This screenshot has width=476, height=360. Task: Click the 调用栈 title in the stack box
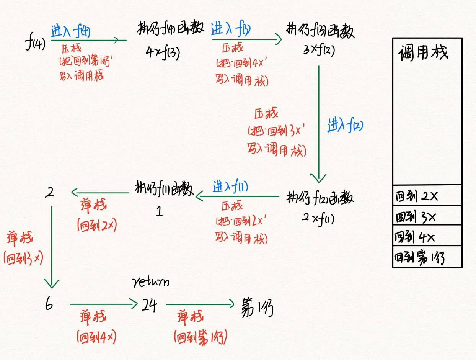tap(423, 52)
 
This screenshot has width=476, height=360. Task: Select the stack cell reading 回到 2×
tap(427, 196)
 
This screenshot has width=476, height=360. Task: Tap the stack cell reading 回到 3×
tap(427, 216)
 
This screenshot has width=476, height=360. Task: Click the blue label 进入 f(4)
tap(71, 30)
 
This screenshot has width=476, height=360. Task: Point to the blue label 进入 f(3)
tap(231, 29)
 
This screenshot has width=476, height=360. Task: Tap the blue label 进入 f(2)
tap(345, 125)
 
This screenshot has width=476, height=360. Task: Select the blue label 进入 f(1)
tap(231, 187)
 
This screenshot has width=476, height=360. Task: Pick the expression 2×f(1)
tap(318, 218)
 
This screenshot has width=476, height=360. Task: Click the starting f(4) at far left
tap(35, 43)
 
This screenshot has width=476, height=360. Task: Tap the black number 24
tap(149, 305)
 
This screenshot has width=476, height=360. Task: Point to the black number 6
tap(49, 304)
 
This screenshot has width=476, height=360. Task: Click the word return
tap(151, 283)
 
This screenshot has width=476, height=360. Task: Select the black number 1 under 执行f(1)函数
tap(160, 211)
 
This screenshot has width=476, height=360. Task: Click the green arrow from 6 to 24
tap(103, 304)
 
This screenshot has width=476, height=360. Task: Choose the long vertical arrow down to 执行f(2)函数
tap(318, 123)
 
